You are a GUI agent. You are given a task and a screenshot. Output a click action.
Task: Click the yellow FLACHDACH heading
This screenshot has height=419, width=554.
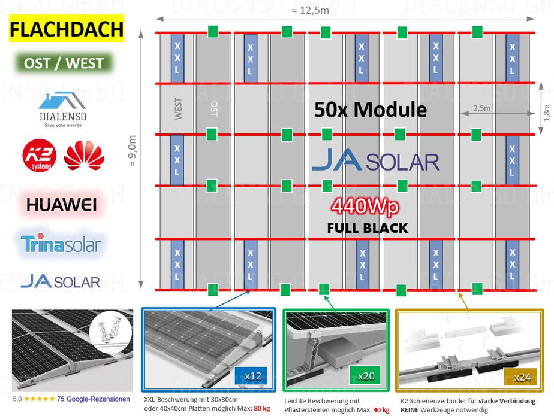67,29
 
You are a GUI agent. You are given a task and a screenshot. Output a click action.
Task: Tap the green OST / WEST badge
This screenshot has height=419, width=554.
64,63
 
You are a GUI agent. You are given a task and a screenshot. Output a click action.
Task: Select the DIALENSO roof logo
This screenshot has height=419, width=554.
63,108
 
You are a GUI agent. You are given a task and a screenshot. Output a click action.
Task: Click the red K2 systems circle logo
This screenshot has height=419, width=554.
40,155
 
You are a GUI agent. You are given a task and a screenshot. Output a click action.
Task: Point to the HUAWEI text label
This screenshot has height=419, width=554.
62,205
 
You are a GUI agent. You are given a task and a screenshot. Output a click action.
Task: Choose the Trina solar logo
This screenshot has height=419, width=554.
61,244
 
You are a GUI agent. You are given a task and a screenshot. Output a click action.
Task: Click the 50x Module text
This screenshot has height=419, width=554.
371,110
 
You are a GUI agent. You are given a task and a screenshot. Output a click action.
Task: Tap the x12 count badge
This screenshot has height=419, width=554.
252,376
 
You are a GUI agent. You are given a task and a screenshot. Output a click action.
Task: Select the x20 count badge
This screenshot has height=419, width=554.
366,376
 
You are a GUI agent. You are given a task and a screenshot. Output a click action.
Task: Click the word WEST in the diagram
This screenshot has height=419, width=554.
178,109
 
